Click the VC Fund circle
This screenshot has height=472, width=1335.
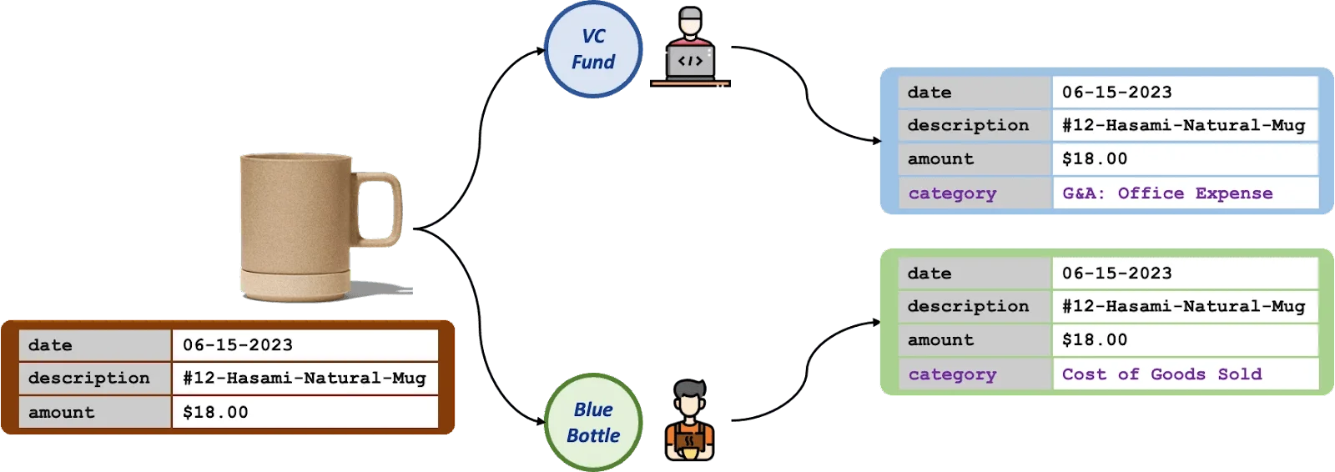tap(593, 50)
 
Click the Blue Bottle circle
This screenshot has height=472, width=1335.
tap(593, 423)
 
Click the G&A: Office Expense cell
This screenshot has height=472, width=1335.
tap(1167, 193)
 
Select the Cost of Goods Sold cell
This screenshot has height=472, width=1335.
tap(1161, 374)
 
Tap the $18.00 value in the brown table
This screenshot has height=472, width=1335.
tap(215, 412)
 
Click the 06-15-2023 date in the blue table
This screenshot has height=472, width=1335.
tap(1116, 93)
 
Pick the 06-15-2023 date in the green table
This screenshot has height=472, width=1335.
tap(1116, 274)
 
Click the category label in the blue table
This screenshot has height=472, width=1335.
tap(952, 193)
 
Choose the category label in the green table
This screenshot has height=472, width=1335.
tap(952, 374)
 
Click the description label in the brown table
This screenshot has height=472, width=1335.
tap(89, 378)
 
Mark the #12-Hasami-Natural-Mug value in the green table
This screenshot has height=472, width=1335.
tap(1183, 306)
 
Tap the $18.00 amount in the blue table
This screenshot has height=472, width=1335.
tap(1094, 158)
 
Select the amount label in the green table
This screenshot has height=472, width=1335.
tap(940, 339)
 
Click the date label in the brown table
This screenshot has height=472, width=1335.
tap(50, 345)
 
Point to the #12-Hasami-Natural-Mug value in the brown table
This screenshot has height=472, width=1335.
tap(305, 378)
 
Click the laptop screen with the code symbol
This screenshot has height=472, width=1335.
tap(690, 62)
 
